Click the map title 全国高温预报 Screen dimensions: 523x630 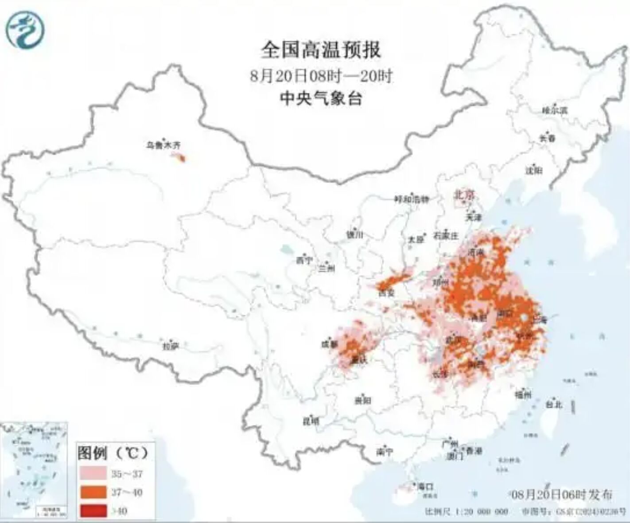[x=321, y=50]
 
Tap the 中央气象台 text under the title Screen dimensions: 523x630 [x=321, y=98]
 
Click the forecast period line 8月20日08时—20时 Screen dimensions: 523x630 [x=321, y=75]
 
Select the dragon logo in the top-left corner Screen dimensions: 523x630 [x=25, y=29]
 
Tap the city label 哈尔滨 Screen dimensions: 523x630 [x=554, y=110]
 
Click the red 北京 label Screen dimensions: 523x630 [x=463, y=194]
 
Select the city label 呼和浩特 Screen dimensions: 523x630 [x=412, y=199]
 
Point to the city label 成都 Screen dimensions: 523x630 [x=329, y=343]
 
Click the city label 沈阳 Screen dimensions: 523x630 [x=534, y=170]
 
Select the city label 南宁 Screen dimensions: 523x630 [x=385, y=452]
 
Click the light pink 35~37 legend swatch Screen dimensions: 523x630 [x=93, y=473]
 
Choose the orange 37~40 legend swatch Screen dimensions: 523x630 [x=93, y=492]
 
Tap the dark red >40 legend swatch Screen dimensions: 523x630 [x=93, y=511]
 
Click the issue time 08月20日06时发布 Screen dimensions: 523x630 [x=562, y=494]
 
